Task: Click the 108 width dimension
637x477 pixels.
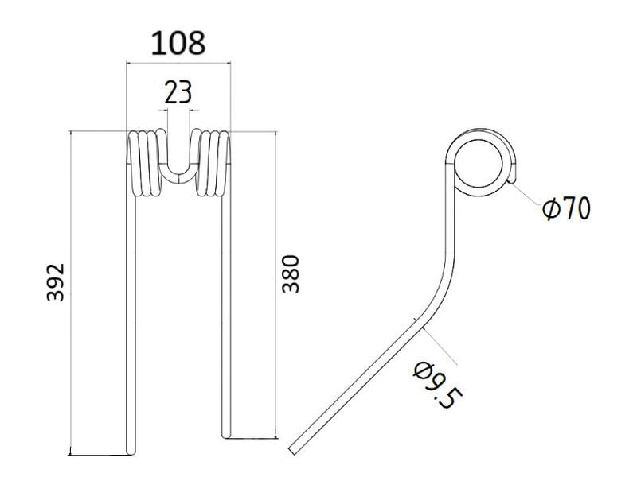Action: [x=178, y=43]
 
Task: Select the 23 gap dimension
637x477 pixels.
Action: [x=178, y=92]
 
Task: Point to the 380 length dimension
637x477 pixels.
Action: [x=291, y=273]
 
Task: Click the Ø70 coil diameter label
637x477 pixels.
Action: [x=566, y=209]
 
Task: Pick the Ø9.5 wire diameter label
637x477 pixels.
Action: [x=435, y=385]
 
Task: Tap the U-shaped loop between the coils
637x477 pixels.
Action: [x=178, y=163]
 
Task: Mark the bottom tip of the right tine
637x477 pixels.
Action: [x=226, y=433]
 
